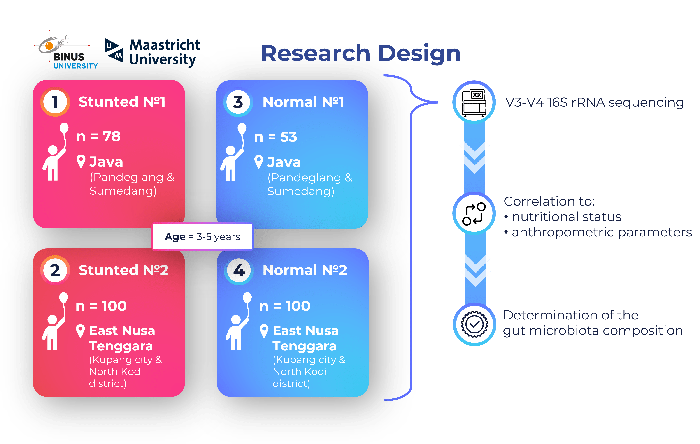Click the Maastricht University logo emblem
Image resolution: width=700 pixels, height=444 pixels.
[114, 50]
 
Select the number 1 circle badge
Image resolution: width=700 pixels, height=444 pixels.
[55, 102]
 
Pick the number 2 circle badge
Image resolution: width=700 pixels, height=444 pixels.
[55, 270]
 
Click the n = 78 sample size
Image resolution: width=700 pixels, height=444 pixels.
[98, 136]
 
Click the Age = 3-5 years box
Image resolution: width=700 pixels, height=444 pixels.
[203, 236]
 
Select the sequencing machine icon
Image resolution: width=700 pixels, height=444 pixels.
[474, 102]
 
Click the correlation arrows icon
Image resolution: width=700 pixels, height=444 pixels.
[474, 214]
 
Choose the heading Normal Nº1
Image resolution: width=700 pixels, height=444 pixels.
[303, 102]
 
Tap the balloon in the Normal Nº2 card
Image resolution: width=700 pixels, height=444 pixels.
[247, 298]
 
